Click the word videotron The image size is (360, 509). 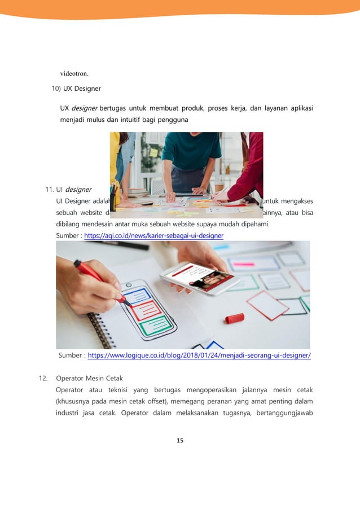(74, 73)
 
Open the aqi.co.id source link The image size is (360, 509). (153, 235)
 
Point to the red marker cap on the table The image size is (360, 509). (234, 318)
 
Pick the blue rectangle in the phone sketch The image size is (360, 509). (137, 295)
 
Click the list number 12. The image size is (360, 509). (42, 378)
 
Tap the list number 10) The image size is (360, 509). (56, 89)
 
